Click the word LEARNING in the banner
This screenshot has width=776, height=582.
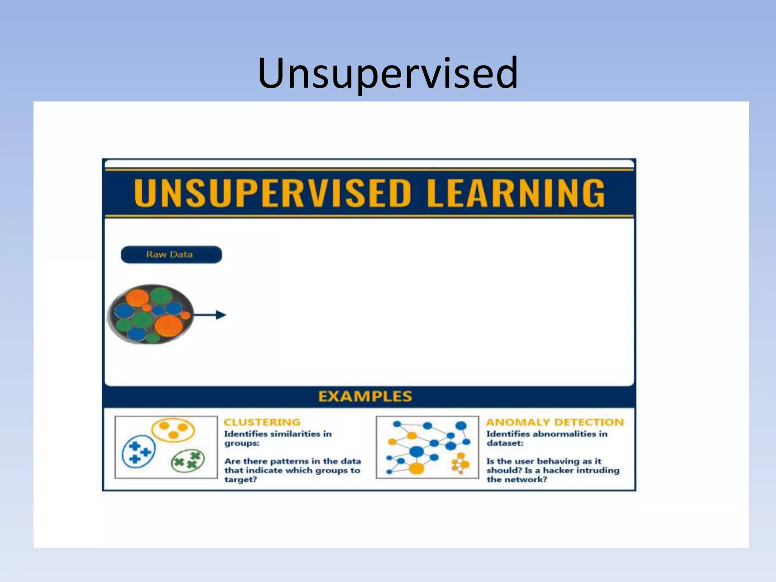515,193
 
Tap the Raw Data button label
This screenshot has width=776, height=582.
169,255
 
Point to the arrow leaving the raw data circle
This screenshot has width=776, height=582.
210,314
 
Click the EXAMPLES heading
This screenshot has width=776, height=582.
365,396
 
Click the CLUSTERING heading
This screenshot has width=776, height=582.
262,422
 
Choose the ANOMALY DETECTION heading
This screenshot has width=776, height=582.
555,422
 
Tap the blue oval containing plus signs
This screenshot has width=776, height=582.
138,452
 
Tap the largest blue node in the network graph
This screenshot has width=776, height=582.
416,451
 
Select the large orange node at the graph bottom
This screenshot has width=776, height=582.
416,468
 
